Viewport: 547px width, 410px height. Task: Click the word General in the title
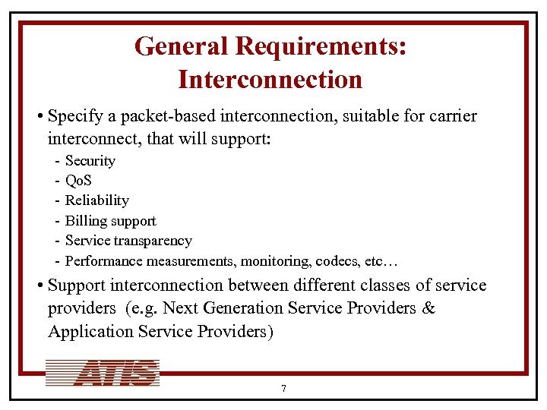182,47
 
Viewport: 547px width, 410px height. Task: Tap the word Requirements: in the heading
321,47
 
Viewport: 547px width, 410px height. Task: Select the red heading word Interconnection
270,78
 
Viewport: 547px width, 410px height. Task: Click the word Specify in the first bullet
72,116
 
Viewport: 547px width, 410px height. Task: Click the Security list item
90,161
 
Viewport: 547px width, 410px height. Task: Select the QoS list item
79,181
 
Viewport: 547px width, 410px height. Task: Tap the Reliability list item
96,200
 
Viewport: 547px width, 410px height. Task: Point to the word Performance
101,261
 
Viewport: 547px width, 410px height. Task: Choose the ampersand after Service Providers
428,309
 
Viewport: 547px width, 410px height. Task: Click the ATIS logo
103,373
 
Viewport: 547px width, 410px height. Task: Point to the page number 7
283,389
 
